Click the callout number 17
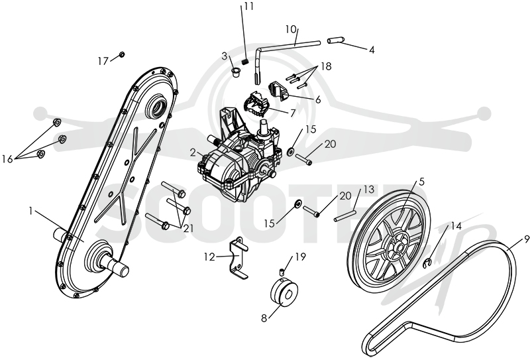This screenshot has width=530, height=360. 103,61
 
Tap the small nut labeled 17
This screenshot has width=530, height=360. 123,54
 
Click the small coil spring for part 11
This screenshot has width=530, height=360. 246,61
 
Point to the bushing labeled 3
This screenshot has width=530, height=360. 236,72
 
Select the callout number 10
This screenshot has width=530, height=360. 291,29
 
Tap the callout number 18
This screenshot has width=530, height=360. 326,66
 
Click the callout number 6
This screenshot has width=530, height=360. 318,100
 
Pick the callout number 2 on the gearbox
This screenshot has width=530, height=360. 193,153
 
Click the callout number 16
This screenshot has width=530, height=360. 7,158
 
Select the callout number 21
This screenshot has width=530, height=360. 189,228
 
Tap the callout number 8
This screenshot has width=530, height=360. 264,318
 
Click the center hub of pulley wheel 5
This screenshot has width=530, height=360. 400,248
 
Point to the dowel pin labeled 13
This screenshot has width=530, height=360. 344,216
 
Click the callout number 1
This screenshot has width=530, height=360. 30,211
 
